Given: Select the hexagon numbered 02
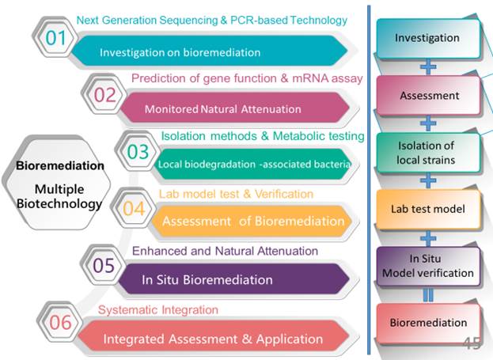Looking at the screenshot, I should tap(104, 95).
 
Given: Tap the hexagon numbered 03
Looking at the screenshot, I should tap(138, 152).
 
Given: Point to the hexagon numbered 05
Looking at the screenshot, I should tap(104, 266).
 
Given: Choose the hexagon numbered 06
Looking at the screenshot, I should tap(61, 323).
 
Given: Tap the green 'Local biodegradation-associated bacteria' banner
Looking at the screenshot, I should tap(249, 165).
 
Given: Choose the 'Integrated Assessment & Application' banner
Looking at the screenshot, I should tap(214, 339).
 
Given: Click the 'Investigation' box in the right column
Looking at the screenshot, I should tap(427, 38).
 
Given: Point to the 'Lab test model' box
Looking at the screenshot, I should tap(427, 209).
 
